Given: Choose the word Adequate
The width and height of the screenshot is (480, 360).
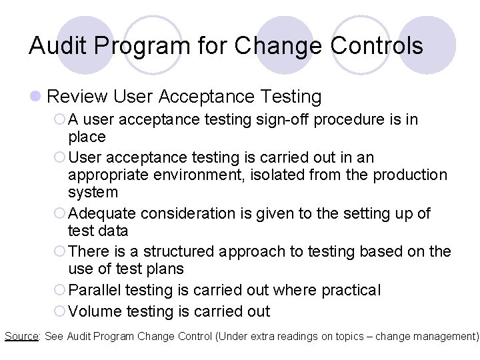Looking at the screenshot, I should click(102, 213).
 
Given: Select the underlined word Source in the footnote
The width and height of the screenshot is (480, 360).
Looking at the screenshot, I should click(21, 335).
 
